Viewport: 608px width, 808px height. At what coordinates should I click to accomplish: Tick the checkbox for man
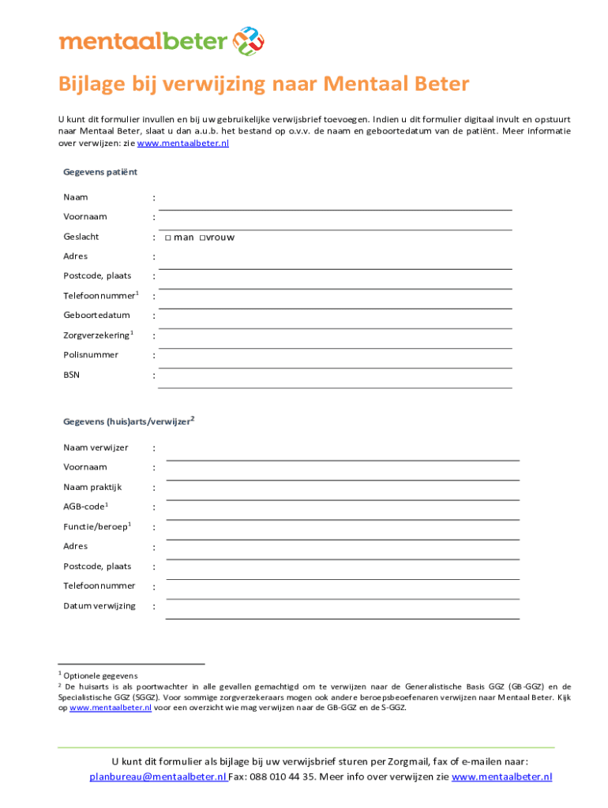[168, 238]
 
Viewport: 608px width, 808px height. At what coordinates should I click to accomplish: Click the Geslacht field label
[81, 237]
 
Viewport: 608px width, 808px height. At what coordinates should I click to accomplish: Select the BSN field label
[71, 375]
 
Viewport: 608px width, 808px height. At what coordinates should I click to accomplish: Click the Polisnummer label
[91, 355]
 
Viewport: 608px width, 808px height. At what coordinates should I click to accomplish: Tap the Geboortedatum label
[96, 316]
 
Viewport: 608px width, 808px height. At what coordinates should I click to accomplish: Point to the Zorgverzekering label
[96, 335]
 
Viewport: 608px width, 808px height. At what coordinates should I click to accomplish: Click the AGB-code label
[84, 507]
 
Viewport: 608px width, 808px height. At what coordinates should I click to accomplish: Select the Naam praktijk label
[92, 487]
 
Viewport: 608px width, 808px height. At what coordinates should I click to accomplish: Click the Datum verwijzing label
[99, 606]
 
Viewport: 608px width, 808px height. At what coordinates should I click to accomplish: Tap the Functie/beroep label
[95, 526]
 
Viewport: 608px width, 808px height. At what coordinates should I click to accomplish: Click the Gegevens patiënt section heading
[100, 172]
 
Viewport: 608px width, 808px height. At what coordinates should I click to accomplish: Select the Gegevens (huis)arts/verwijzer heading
[126, 422]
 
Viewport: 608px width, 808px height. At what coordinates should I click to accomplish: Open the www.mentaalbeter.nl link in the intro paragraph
[183, 144]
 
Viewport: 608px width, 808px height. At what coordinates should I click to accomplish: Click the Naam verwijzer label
[96, 448]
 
